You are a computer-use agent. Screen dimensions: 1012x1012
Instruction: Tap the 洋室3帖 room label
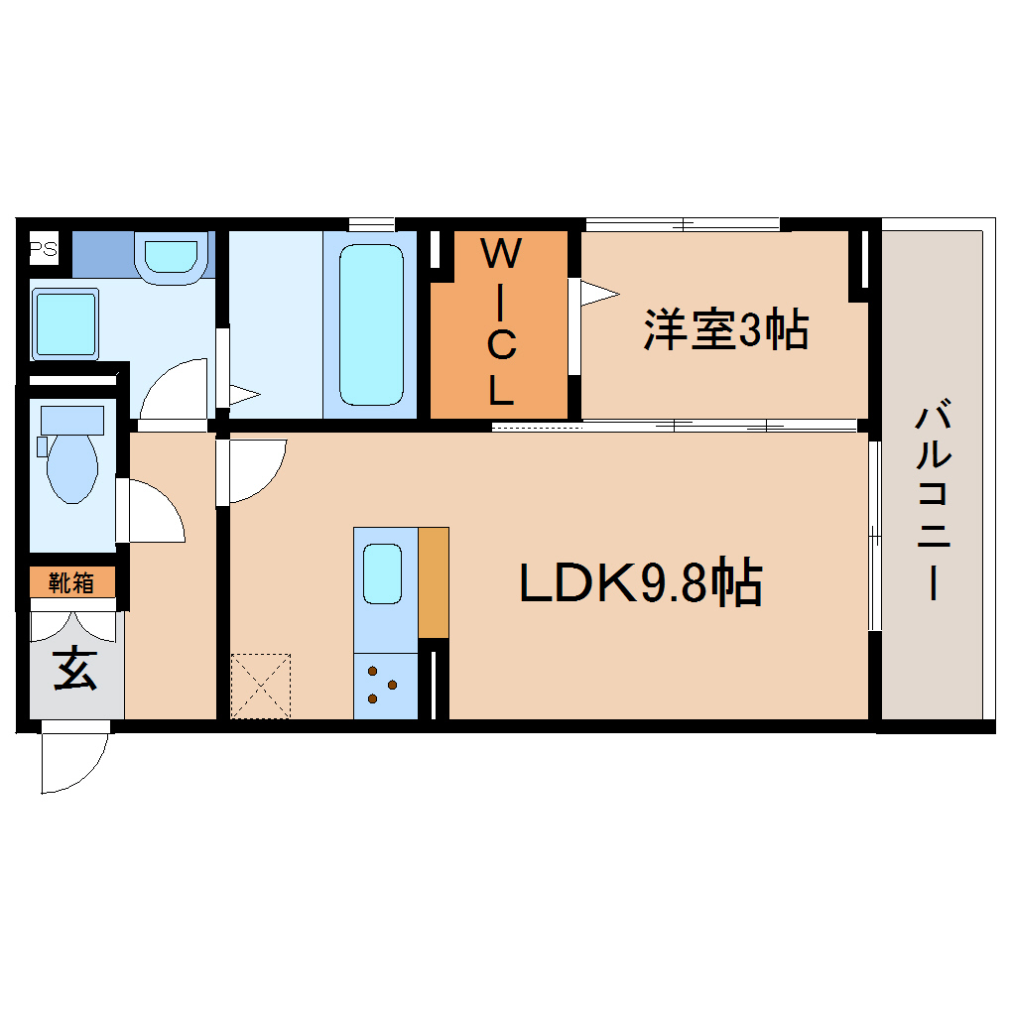(x=725, y=330)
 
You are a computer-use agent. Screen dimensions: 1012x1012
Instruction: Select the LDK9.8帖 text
(x=641, y=583)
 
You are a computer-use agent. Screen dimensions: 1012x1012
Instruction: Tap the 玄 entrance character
(x=75, y=669)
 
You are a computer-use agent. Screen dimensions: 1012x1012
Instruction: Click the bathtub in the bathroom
(x=371, y=324)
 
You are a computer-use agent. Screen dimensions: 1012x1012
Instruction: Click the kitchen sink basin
(x=382, y=573)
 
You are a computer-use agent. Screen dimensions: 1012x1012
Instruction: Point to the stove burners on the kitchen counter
(x=382, y=685)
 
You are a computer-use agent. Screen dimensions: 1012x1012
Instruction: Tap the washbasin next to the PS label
(x=174, y=256)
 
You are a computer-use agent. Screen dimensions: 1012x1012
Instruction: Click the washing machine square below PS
(x=65, y=323)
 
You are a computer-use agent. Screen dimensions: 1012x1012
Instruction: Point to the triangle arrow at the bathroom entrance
(x=244, y=395)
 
